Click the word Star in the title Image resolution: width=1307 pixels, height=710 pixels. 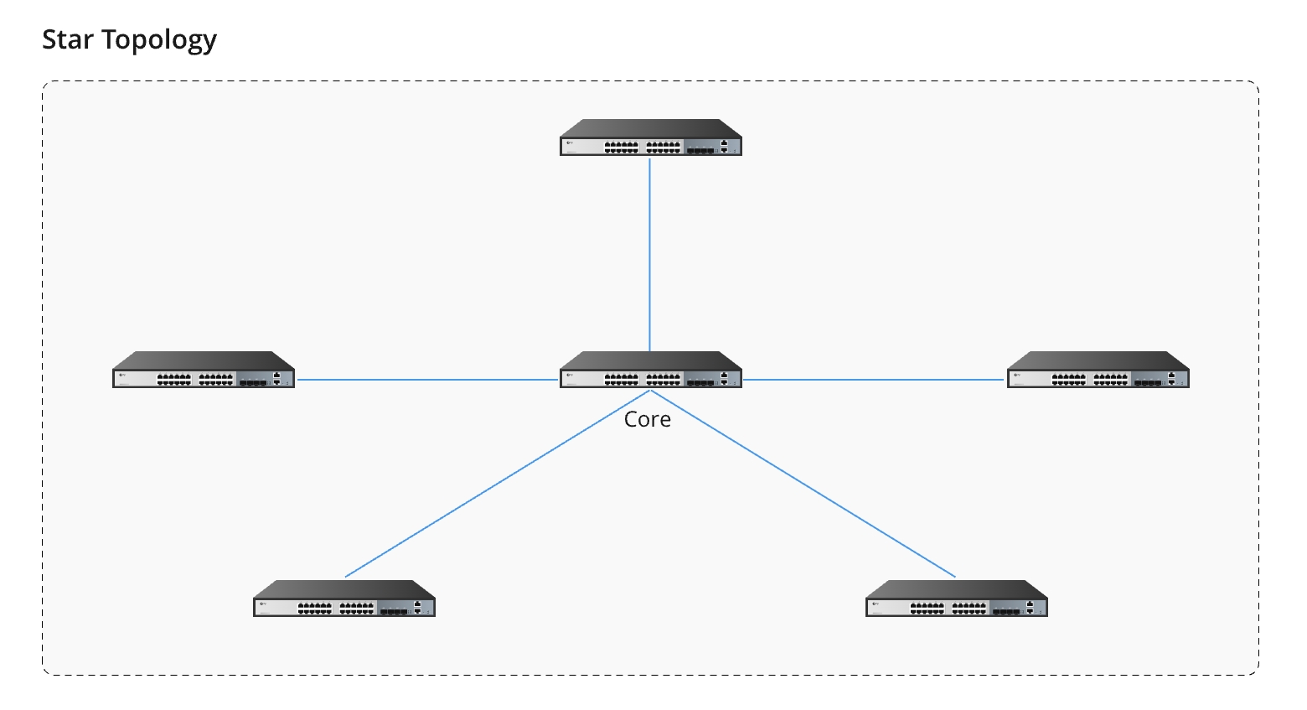pyautogui.click(x=67, y=39)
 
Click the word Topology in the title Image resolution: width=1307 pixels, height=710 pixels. pyautogui.click(x=159, y=40)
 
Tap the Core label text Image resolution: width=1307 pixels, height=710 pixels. pyautogui.click(x=647, y=419)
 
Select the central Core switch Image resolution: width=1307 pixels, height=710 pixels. pyautogui.click(x=650, y=370)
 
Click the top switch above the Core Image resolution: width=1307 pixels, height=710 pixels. pyautogui.click(x=650, y=137)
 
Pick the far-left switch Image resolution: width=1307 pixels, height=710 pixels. pyautogui.click(x=204, y=370)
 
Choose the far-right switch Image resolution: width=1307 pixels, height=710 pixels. pyautogui.click(x=1098, y=370)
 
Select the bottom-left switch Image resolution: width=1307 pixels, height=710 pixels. pyautogui.click(x=344, y=599)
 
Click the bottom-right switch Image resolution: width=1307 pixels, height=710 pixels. pyautogui.click(x=956, y=599)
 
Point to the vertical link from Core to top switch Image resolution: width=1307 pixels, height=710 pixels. pyautogui.click(x=649, y=251)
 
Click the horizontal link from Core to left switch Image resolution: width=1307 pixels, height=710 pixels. pyautogui.click(x=427, y=380)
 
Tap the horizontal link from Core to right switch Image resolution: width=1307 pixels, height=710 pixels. pyautogui.click(x=871, y=380)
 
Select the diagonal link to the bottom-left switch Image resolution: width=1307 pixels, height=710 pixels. pyautogui.click(x=494, y=485)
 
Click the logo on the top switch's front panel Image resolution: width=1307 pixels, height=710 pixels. pyautogui.click(x=570, y=143)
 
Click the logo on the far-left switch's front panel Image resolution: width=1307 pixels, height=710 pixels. pyautogui.click(x=122, y=376)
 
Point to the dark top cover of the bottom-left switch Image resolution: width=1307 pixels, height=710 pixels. pyautogui.click(x=344, y=588)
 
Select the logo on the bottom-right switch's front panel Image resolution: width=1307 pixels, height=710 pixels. pyautogui.click(x=876, y=604)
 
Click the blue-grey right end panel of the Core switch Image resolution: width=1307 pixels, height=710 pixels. pyautogui.click(x=726, y=379)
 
